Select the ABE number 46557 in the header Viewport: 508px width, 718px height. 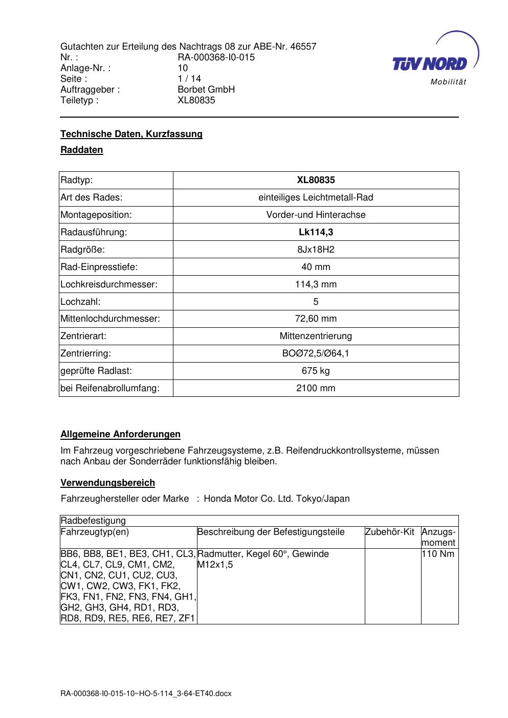click(x=303, y=47)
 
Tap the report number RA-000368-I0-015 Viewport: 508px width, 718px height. click(x=216, y=57)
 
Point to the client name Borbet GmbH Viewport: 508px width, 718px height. click(x=206, y=89)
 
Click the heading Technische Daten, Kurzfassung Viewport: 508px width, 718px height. click(x=131, y=134)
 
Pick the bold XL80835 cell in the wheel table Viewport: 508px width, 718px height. click(x=316, y=180)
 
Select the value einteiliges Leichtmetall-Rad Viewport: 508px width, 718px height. click(x=316, y=197)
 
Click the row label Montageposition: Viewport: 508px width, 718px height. click(x=96, y=215)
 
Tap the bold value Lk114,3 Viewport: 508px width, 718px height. click(x=316, y=232)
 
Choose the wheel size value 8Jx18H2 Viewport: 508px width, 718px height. click(x=316, y=250)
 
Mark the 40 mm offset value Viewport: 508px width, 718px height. click(x=316, y=267)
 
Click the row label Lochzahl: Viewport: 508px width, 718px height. click(x=80, y=302)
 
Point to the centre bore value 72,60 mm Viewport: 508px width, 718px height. click(x=316, y=319)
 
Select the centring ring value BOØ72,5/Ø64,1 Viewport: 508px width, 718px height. click(x=316, y=353)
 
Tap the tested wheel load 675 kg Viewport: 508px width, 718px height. click(x=316, y=371)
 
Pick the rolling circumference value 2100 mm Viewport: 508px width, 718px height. click(x=316, y=388)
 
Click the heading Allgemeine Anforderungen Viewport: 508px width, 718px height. click(x=120, y=434)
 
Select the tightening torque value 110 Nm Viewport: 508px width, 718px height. click(x=438, y=554)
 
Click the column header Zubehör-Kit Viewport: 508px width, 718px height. click(x=390, y=532)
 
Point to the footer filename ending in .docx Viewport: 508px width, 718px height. click(x=146, y=693)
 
